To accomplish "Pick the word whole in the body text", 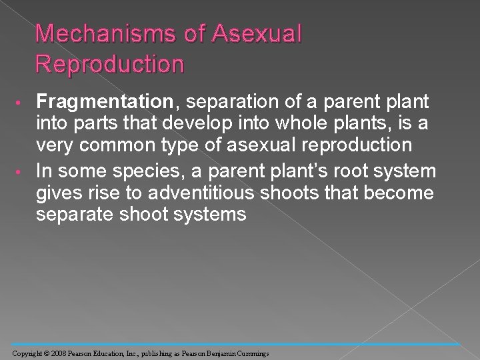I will point(287,125).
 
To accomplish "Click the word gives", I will point(55,194).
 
